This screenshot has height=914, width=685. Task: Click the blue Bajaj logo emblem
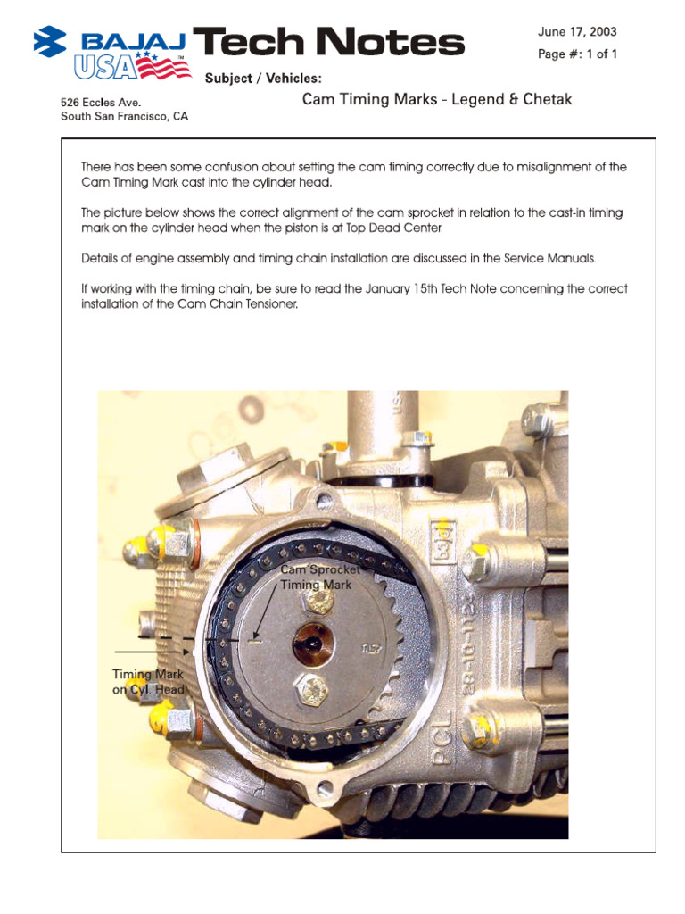point(50,41)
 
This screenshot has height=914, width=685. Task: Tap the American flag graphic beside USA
point(164,64)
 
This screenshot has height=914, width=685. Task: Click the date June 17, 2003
point(577,32)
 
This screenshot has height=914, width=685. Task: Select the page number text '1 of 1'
point(602,54)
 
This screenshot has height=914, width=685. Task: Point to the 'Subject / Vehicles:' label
point(263,79)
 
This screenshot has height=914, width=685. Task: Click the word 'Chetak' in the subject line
point(548,99)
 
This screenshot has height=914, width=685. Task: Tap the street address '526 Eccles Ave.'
point(101,103)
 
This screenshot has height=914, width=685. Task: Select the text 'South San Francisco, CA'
point(125,117)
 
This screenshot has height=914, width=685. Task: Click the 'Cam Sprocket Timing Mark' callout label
point(319,577)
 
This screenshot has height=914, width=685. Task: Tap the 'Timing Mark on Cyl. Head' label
point(148,681)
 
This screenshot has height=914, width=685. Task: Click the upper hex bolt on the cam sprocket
point(318,602)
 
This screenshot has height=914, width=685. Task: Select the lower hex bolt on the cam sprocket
point(312,690)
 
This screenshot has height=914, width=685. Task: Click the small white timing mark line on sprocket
point(254,641)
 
